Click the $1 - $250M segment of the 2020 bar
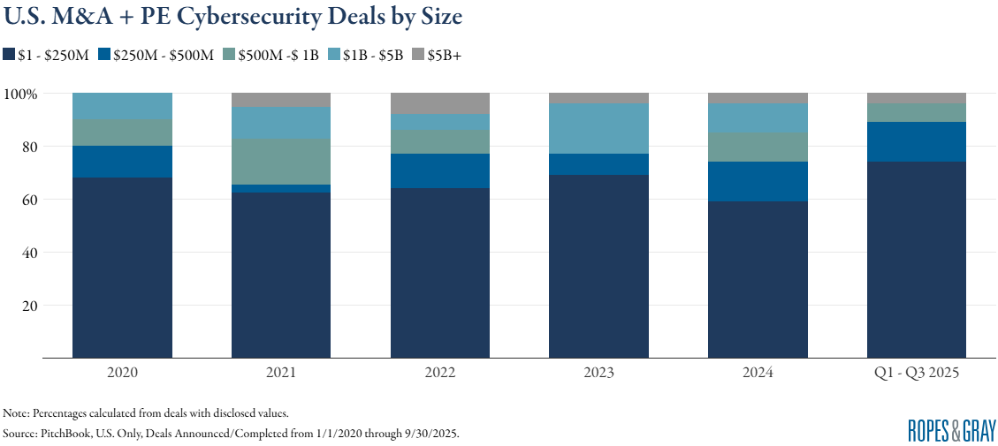click(122, 268)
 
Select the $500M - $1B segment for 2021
click(280, 162)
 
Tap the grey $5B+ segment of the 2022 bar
click(439, 103)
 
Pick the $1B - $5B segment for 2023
click(598, 129)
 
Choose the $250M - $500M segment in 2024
click(758, 181)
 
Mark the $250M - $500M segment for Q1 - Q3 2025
click(916, 142)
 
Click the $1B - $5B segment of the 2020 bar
click(122, 106)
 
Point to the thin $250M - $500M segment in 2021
click(280, 188)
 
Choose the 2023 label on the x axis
click(598, 373)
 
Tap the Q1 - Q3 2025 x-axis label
click(916, 373)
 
